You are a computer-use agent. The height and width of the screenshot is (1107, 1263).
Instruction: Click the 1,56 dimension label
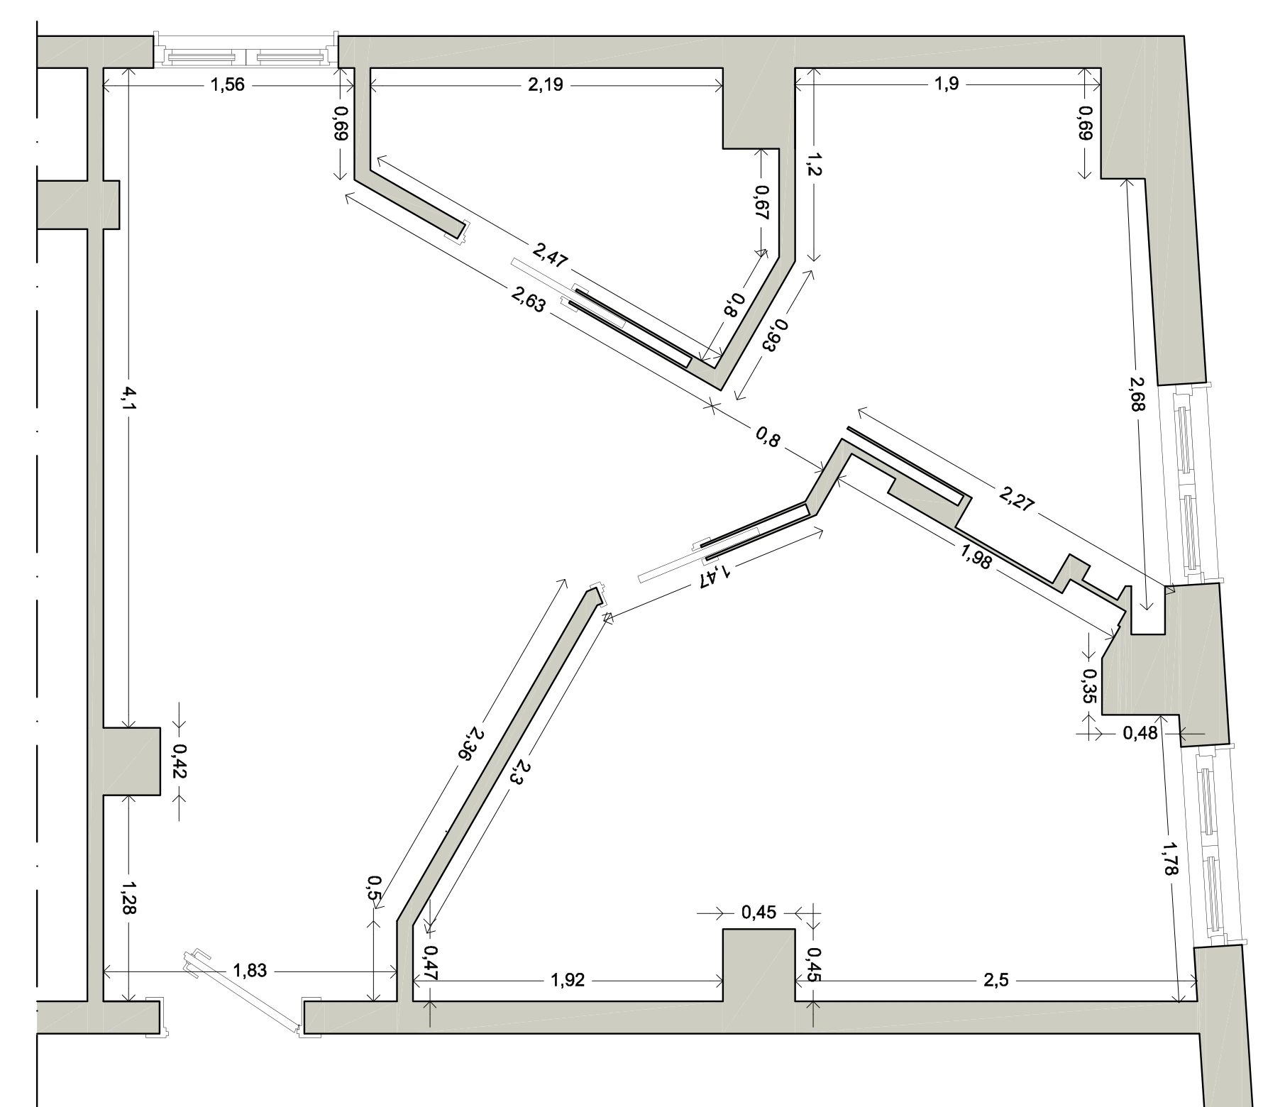(228, 85)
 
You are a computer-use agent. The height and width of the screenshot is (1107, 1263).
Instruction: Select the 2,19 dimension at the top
(546, 85)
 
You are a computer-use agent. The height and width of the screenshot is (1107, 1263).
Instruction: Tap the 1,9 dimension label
(947, 84)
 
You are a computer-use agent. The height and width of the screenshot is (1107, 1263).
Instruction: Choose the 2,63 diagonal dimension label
(527, 298)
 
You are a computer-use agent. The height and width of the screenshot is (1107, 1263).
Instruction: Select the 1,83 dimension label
(250, 970)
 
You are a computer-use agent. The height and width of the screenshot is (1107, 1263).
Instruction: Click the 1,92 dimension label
(568, 981)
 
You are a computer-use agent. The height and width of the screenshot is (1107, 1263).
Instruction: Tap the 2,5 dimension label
(995, 981)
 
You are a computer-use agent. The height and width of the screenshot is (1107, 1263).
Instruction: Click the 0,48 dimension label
(1140, 732)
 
